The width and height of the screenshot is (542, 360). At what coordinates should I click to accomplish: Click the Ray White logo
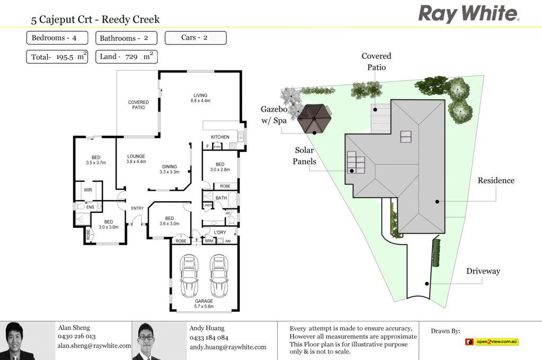click(x=468, y=13)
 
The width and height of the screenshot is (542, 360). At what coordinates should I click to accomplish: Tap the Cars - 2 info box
click(x=195, y=38)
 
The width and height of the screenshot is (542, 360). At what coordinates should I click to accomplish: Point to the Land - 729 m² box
click(x=127, y=57)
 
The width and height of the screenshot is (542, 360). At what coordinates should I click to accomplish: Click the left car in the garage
click(x=189, y=276)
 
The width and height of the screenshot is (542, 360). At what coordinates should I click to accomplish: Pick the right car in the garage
click(x=219, y=276)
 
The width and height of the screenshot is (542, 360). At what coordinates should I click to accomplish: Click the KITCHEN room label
click(x=220, y=137)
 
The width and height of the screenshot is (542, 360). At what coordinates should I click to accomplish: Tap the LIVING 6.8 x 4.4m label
click(x=201, y=98)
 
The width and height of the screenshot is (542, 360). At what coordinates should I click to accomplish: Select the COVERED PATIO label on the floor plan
click(x=138, y=105)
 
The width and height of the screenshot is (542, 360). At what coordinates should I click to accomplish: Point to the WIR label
click(x=88, y=189)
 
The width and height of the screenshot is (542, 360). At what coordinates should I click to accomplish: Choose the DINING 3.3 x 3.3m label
click(x=169, y=169)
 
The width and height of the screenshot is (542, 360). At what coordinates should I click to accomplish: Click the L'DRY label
click(x=220, y=232)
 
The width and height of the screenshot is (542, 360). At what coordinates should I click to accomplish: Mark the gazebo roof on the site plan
click(x=314, y=118)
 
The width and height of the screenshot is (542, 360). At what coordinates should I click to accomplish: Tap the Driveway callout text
click(x=483, y=271)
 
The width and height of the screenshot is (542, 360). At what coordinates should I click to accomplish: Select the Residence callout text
click(x=496, y=181)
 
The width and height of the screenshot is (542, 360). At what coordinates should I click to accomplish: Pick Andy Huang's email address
click(x=228, y=347)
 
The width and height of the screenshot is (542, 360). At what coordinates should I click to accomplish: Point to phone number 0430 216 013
click(x=77, y=337)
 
